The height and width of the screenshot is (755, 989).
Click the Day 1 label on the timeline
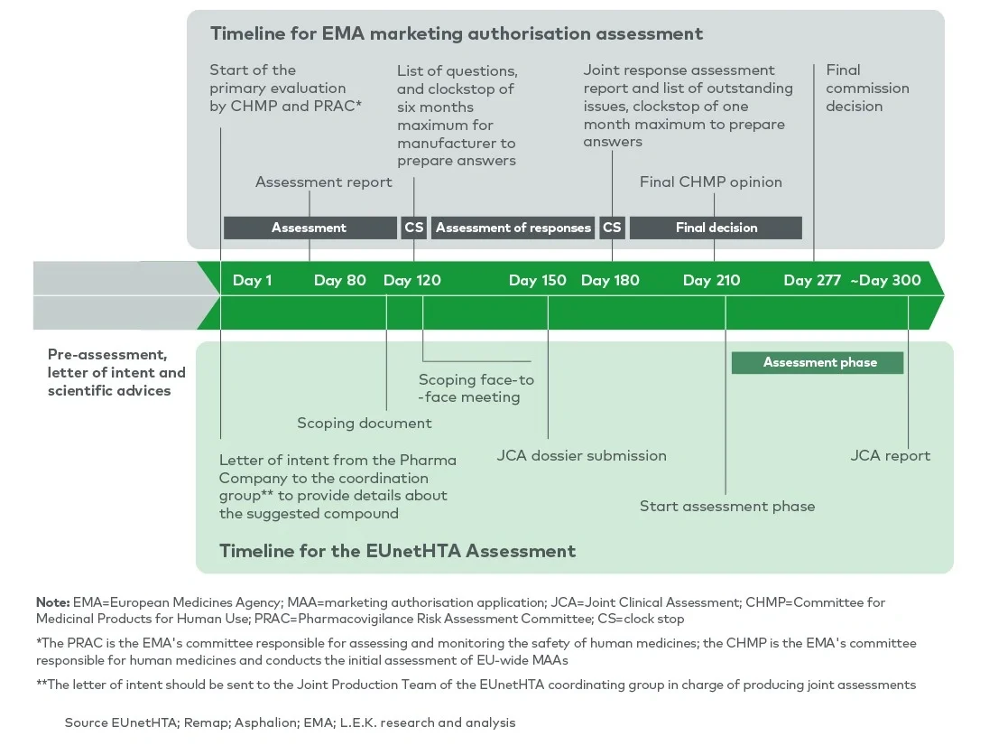(x=252, y=280)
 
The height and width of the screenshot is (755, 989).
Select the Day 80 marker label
(x=340, y=280)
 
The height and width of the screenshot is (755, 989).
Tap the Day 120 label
(x=412, y=280)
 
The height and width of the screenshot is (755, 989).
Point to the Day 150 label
(x=538, y=280)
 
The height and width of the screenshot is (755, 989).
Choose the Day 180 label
(x=610, y=280)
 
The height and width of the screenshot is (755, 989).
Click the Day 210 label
(x=711, y=280)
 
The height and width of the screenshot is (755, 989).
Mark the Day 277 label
(x=812, y=280)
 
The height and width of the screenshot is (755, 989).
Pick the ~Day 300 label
(x=885, y=280)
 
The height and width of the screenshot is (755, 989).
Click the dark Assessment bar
(x=310, y=228)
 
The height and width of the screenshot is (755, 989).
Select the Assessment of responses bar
(x=513, y=228)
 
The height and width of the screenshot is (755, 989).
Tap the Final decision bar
(x=716, y=228)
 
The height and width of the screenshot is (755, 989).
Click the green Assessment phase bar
(x=818, y=362)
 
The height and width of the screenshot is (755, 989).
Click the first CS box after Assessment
(x=414, y=228)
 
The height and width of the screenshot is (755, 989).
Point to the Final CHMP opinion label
(x=711, y=182)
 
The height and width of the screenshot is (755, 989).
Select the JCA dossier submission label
(x=581, y=455)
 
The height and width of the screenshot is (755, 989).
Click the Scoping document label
(x=365, y=423)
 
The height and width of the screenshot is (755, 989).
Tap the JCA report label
(x=890, y=455)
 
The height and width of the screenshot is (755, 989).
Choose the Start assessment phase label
(x=727, y=506)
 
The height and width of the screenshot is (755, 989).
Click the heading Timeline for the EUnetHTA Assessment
(x=397, y=550)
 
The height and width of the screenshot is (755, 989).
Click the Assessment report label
(x=324, y=182)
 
